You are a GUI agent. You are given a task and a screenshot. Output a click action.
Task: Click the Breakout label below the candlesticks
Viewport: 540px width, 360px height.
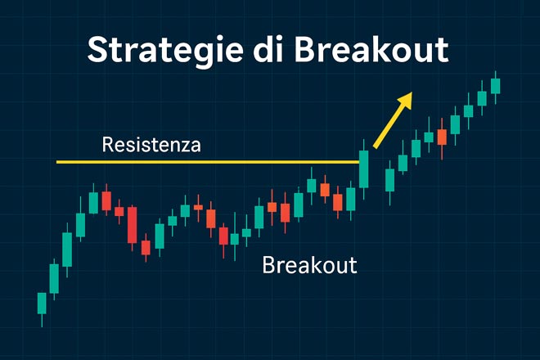coord(309,265)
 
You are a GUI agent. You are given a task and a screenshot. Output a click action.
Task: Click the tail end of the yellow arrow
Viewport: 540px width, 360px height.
coord(375,147)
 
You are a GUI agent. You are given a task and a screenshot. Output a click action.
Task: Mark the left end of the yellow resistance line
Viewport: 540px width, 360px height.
coord(57,162)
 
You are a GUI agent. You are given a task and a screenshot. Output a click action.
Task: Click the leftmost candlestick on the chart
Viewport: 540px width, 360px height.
coord(42,303)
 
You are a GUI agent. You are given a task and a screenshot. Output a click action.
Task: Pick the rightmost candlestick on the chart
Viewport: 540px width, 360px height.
coord(495,85)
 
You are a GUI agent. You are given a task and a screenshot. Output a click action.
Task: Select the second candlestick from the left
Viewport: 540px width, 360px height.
coord(54,278)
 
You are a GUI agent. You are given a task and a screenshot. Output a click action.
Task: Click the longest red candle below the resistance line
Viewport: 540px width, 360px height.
coord(132,224)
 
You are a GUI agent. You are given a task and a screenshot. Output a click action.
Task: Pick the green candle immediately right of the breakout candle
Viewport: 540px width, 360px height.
coord(389,179)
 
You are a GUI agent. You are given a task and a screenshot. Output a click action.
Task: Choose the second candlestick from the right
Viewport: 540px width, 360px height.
coord(482,97)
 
